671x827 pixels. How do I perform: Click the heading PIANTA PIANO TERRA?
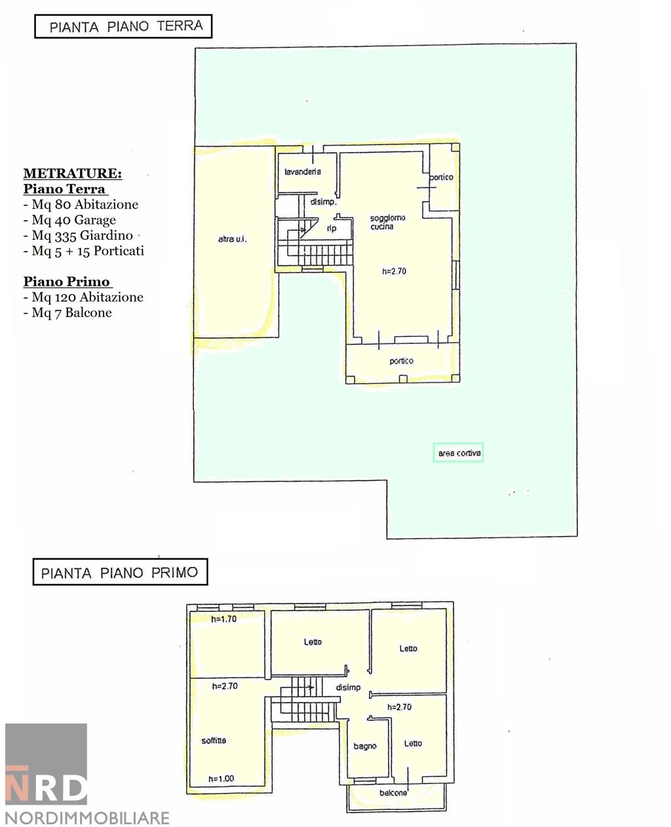pos(126,26)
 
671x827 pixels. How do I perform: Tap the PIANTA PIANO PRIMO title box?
pos(120,571)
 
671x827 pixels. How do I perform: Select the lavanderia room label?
pos(303,172)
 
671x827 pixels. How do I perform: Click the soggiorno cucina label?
pos(387,222)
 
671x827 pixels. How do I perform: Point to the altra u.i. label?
pos(232,239)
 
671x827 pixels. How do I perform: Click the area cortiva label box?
pos(458,453)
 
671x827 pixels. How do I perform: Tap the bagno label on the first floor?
pos(364,746)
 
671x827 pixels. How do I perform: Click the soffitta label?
pos(214,740)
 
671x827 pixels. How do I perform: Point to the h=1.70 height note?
pos(223,619)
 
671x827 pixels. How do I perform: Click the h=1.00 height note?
pos(221,779)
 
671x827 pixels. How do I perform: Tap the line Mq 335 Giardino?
pos(78,236)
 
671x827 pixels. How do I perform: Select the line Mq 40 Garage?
pos(69,220)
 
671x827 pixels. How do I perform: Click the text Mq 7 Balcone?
pos(67,313)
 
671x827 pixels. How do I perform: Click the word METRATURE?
pos(73,173)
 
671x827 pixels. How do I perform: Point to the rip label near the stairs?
pos(331,229)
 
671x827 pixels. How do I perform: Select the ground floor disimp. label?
pos(324,202)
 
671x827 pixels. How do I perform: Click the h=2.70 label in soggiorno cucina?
pos(394,271)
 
